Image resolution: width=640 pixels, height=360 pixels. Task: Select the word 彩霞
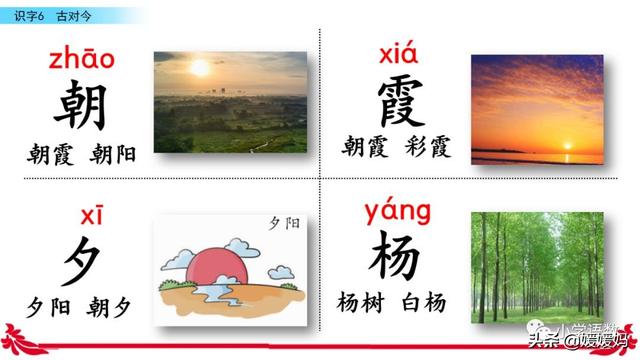click(429, 148)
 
